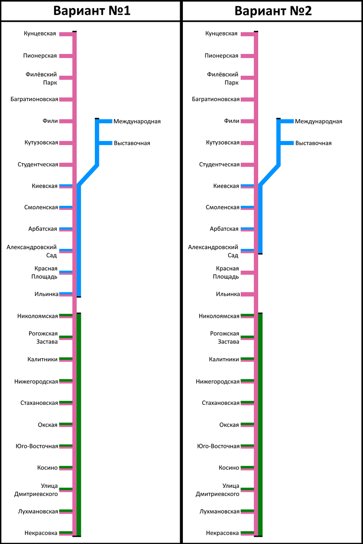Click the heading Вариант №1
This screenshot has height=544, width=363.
92,11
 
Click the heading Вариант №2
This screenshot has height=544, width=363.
273,11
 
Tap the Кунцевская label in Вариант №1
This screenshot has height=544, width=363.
40,34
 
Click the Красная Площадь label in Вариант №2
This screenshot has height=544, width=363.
227,272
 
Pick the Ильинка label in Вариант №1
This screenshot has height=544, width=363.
46,294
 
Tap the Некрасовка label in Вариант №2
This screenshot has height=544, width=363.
222,533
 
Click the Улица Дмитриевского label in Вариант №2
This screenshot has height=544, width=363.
217,490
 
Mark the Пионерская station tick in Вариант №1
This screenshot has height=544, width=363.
66,56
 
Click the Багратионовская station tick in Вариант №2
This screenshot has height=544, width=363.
247,99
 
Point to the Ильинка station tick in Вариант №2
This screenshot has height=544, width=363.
247,294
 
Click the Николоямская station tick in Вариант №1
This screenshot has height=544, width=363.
66,316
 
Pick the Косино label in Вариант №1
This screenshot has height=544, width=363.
48,468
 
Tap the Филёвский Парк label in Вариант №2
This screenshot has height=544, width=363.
223,78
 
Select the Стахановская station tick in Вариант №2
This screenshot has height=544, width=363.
247,403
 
